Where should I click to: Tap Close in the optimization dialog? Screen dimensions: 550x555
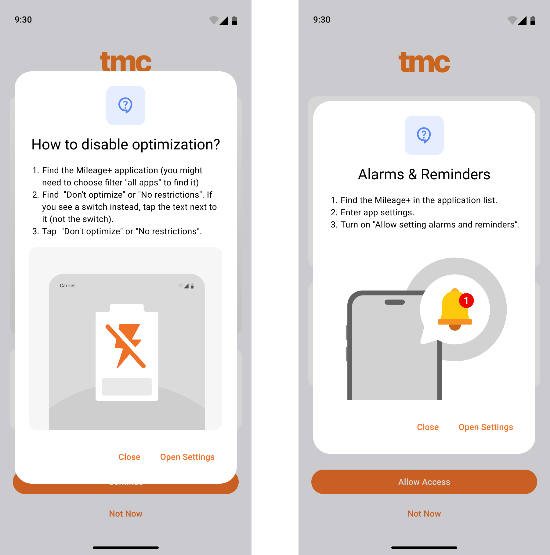[129, 457]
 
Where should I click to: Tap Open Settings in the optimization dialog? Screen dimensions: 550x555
[187, 457]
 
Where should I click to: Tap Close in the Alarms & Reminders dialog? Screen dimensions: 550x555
[428, 427]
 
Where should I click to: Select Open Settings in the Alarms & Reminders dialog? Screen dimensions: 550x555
[486, 427]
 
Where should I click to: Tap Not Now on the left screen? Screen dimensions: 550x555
[126, 514]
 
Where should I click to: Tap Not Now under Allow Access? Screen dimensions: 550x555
[424, 514]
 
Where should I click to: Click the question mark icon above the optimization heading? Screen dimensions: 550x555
[125, 105]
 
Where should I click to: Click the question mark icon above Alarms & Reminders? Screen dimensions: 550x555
[424, 135]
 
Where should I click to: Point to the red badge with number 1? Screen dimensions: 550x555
[466, 301]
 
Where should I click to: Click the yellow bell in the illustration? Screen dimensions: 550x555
[454, 309]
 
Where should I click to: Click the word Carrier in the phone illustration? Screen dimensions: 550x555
[67, 286]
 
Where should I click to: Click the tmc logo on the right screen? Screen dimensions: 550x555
[424, 62]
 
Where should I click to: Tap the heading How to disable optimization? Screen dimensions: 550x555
[126, 145]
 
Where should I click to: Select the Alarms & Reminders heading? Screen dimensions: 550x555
[424, 174]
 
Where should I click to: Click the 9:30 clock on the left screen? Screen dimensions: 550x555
[23, 20]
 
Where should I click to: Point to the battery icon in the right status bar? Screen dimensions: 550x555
[533, 20]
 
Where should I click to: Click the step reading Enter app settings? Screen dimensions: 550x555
[373, 212]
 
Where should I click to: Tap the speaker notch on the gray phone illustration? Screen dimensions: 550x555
[395, 302]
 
